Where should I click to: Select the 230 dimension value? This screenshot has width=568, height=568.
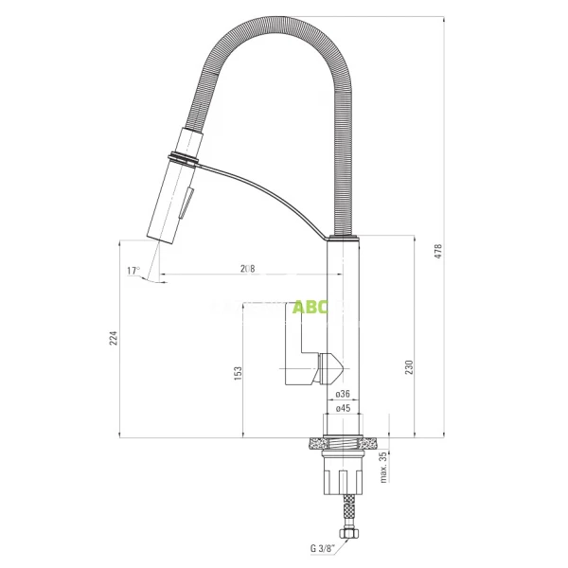click(x=409, y=366)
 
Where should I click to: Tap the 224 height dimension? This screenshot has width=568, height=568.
click(x=114, y=338)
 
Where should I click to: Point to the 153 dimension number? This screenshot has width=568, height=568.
click(x=238, y=375)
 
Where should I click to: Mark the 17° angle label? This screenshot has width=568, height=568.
click(x=133, y=271)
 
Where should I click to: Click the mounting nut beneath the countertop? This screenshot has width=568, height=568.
click(x=343, y=468)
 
